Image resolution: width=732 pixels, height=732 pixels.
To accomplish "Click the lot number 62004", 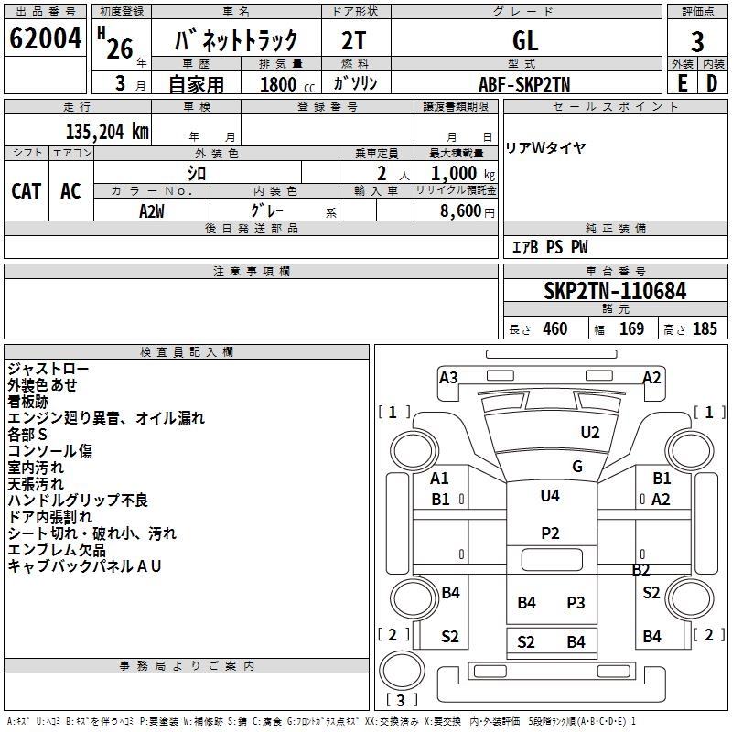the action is click(x=45, y=38).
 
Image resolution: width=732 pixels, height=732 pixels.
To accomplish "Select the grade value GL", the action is click(x=525, y=40).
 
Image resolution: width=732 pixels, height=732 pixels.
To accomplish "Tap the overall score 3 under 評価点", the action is click(x=697, y=42).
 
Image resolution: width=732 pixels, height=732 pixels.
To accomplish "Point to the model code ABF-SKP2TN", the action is click(x=524, y=84).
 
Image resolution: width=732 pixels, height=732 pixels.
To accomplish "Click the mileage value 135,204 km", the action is click(x=107, y=132).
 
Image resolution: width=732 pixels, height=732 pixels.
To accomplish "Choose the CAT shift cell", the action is click(x=27, y=191).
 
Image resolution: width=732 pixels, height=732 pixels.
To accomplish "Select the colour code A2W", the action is click(x=152, y=211).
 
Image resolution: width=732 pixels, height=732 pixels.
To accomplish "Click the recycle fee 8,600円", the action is click(x=468, y=211).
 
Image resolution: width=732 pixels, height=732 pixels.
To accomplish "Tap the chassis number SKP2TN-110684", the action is click(x=615, y=291).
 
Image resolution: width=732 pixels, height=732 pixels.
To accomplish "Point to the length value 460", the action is click(x=555, y=328).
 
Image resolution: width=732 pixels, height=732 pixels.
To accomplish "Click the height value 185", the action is click(x=705, y=328).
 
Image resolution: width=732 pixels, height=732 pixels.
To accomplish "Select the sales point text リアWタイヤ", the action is click(x=545, y=148).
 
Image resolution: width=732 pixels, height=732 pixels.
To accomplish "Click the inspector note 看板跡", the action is click(x=28, y=402).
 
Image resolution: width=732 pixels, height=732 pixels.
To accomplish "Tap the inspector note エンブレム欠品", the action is click(x=57, y=550).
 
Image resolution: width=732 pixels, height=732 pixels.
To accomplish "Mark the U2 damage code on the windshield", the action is click(x=590, y=432).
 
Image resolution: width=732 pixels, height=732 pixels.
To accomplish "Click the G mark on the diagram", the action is click(x=577, y=466).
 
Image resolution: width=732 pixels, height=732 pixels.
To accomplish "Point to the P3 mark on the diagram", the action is click(x=576, y=602).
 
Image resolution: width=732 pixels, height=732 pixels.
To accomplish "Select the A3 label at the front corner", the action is click(x=448, y=377).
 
